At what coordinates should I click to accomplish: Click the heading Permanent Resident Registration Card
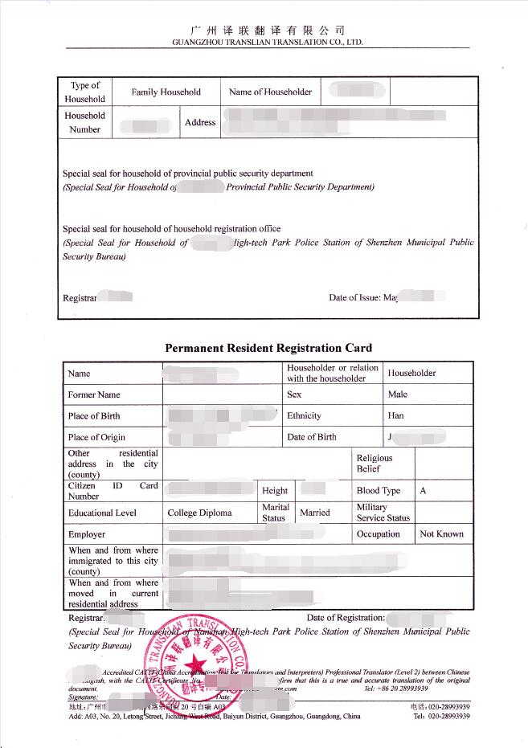[x=268, y=348]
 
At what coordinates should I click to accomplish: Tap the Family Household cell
[x=166, y=92]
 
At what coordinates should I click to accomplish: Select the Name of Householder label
[x=270, y=92]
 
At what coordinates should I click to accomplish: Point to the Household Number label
[x=84, y=122]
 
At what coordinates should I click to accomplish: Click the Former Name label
[x=94, y=395]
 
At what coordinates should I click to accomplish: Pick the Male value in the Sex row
[x=397, y=394]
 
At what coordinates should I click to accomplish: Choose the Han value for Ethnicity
[x=395, y=416]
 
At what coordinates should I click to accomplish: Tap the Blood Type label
[x=378, y=491]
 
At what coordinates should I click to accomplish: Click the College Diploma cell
[x=199, y=513]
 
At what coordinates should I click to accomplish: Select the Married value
[x=314, y=513]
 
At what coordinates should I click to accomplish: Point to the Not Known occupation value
[x=441, y=534]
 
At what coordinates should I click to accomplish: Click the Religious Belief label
[x=375, y=464]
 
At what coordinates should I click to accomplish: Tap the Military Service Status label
[x=383, y=513]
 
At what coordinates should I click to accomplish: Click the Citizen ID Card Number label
[x=113, y=491]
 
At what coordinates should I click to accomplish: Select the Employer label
[x=87, y=534]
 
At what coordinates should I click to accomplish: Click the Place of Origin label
[x=96, y=438]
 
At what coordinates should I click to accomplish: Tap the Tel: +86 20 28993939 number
[x=396, y=689]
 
